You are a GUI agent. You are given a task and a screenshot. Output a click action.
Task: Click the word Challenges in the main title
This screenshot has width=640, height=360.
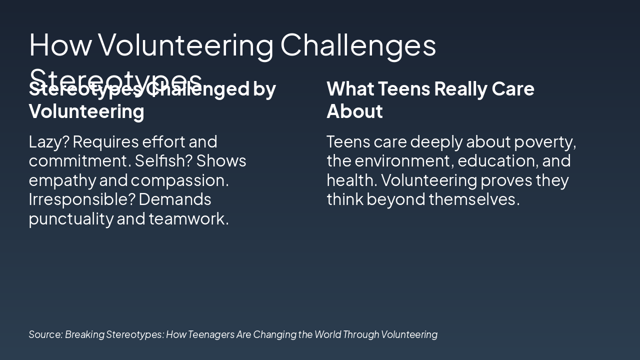(x=358, y=45)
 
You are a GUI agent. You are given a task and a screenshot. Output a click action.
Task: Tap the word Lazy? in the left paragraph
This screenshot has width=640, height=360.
(x=48, y=142)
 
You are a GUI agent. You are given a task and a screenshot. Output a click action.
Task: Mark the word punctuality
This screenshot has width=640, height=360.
(x=70, y=218)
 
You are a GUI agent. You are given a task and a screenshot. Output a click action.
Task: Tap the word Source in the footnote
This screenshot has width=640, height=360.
(x=45, y=334)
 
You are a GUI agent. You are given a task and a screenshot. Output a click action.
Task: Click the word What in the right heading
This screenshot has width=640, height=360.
(x=350, y=89)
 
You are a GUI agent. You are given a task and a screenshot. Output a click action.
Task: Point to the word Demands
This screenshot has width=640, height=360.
(x=175, y=199)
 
